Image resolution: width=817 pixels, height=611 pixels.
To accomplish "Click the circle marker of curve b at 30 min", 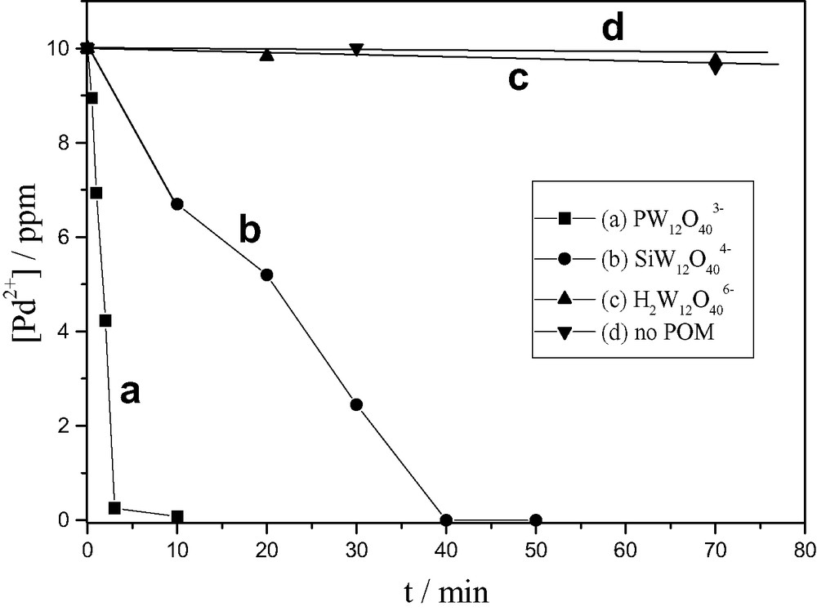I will pyautogui.click(x=356, y=404).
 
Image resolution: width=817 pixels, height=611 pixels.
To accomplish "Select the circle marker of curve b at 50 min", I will pyautogui.click(x=536, y=520).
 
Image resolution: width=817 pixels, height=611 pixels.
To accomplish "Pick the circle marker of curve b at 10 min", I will pyautogui.click(x=176, y=204).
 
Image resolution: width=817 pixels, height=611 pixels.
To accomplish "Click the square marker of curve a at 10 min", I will pyautogui.click(x=176, y=516).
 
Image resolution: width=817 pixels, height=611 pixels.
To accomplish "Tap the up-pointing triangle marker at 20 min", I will pyautogui.click(x=266, y=55).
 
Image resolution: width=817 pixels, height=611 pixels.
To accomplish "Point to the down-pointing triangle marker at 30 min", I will pyautogui.click(x=356, y=50).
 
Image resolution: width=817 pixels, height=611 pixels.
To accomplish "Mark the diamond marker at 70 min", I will pyautogui.click(x=716, y=64).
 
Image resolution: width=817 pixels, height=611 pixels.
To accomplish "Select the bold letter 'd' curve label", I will pyautogui.click(x=612, y=29).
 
